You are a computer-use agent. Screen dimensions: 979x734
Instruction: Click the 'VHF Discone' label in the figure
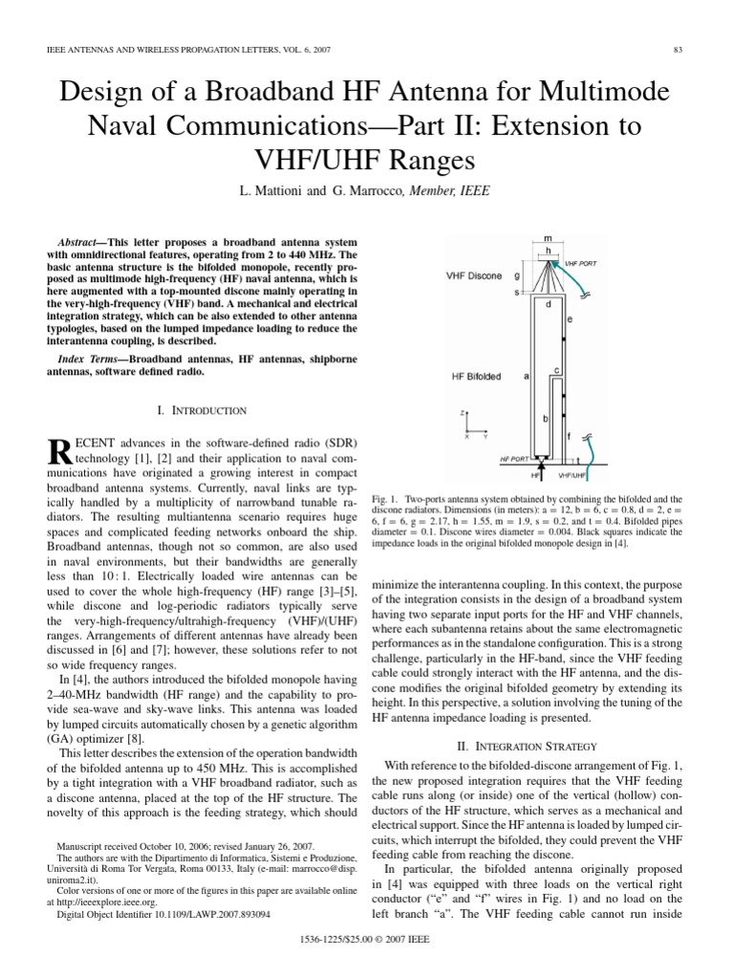pyautogui.click(x=475, y=276)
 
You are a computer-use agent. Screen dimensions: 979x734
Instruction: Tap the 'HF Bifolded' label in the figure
pyautogui.click(x=476, y=377)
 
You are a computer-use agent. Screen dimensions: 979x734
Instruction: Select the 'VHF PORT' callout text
pyautogui.click(x=581, y=261)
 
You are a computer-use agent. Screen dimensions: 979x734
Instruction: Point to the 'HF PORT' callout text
pyautogui.click(x=515, y=459)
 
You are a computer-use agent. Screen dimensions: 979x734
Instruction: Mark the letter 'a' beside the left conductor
pyautogui.click(x=527, y=377)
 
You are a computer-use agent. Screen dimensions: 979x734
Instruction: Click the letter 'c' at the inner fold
pyautogui.click(x=556, y=369)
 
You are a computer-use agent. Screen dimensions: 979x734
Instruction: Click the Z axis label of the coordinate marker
pyautogui.click(x=464, y=413)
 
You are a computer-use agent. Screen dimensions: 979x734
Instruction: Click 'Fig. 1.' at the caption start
pyautogui.click(x=386, y=499)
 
